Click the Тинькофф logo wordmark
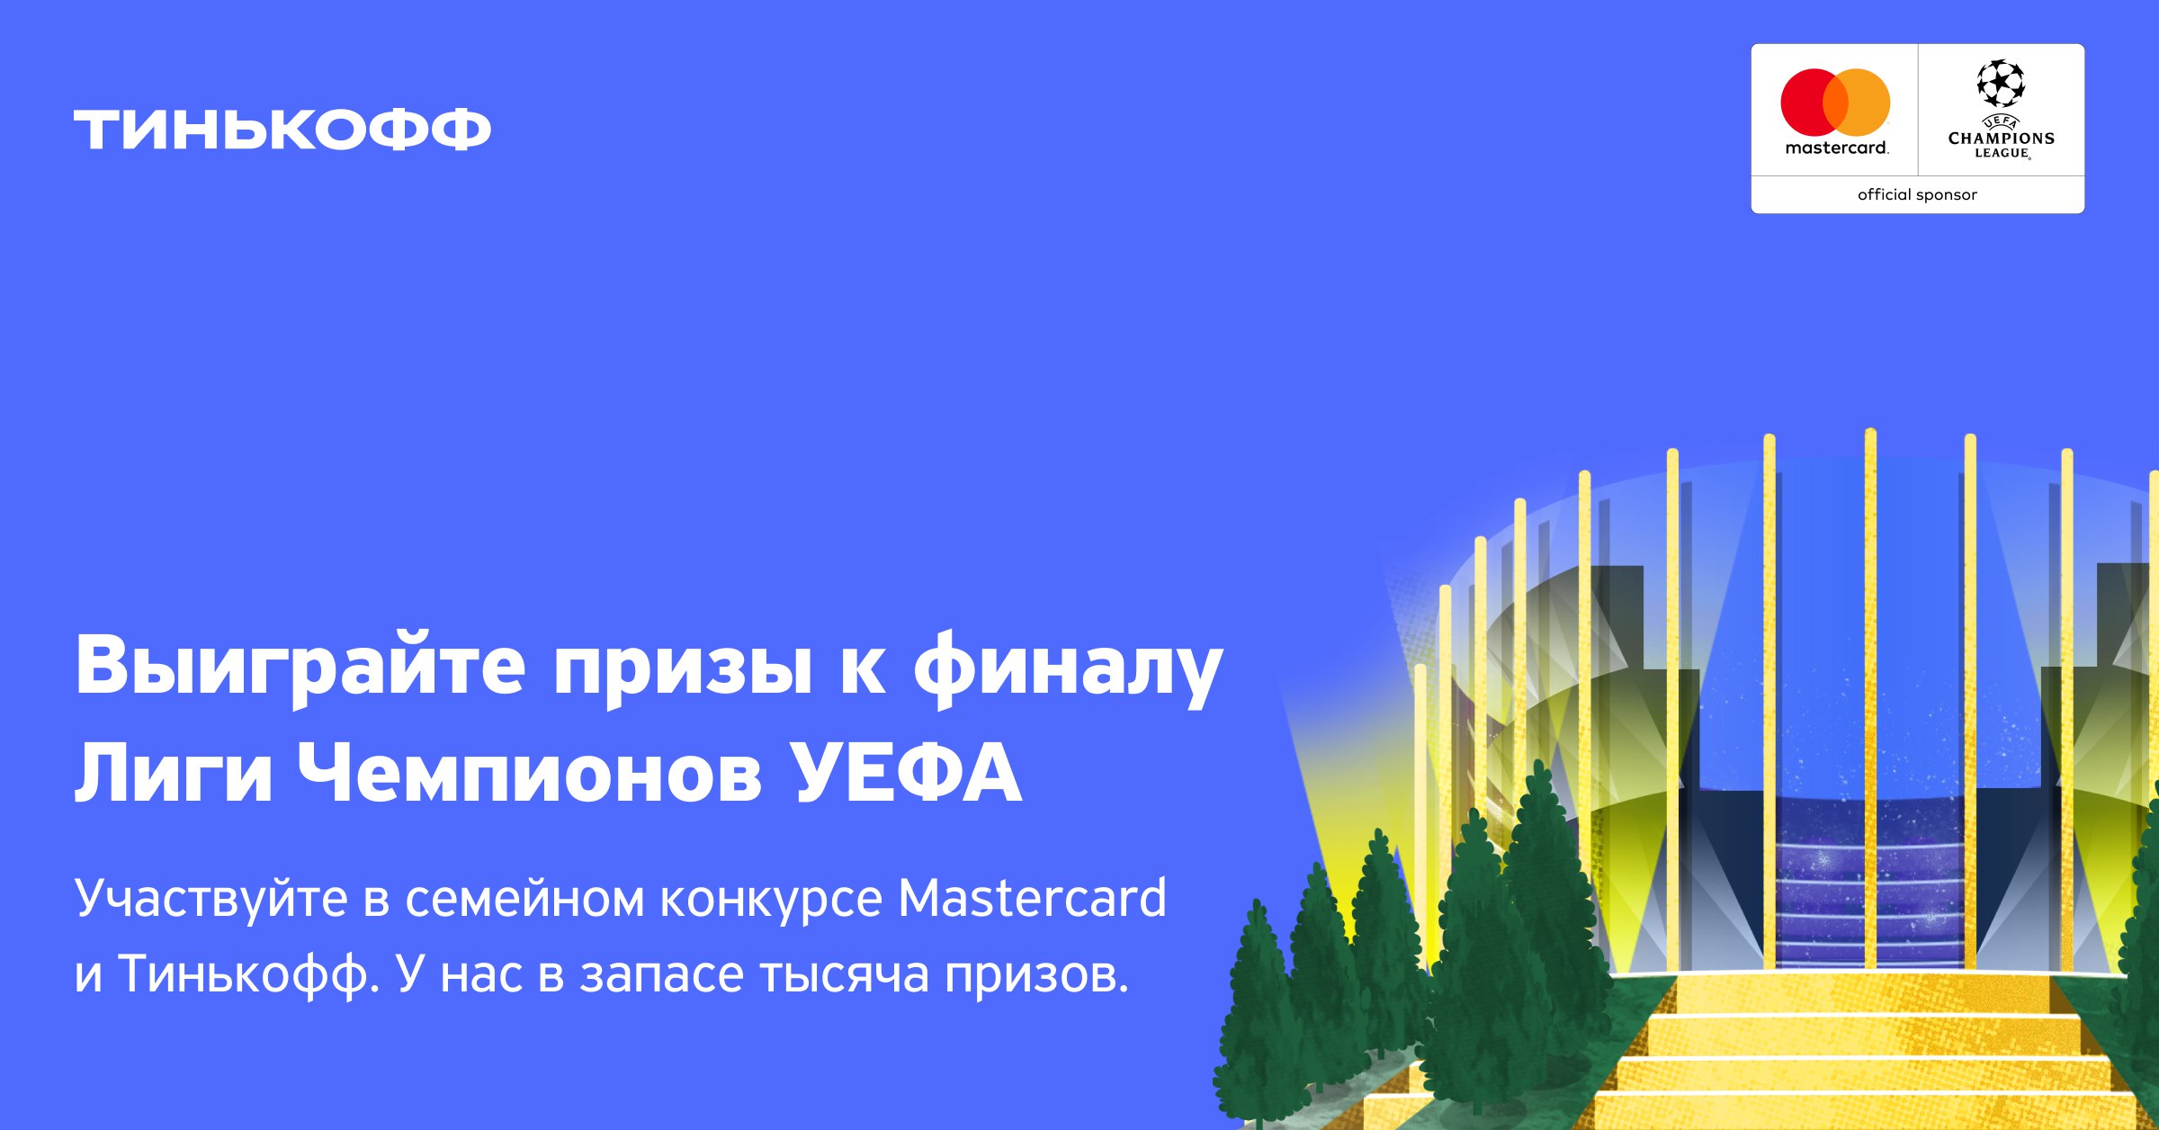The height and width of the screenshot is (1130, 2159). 282,130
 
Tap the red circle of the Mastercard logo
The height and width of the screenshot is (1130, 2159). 1810,103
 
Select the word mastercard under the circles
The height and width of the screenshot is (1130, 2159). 1836,148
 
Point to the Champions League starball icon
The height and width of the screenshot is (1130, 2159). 2001,84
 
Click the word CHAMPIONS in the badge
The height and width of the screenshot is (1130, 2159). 2002,139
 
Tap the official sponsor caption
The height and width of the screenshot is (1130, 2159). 1917,194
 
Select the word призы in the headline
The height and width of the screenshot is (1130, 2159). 683,673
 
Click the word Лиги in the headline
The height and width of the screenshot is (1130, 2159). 174,773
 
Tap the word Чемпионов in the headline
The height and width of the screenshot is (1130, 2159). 530,773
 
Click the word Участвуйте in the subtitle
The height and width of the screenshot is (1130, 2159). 211,899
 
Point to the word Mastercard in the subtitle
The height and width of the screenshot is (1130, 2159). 1032,897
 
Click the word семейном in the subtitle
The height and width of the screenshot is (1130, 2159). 524,899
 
